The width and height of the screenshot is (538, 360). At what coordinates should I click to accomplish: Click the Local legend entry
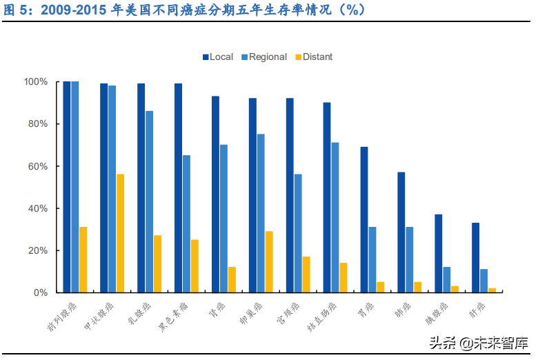point(218,57)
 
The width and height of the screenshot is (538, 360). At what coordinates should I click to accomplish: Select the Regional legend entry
point(263,57)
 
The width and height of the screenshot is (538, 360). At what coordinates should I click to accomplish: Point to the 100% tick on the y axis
point(36,82)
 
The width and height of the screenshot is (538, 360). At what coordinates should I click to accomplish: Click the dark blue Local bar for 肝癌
point(475,257)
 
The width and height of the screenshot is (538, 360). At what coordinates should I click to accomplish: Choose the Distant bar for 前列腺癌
point(83,259)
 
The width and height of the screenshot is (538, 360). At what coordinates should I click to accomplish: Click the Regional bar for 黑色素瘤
point(186,223)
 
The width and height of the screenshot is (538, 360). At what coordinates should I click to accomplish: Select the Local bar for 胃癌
point(363,219)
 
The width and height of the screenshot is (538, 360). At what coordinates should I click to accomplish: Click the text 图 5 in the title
point(18,10)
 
